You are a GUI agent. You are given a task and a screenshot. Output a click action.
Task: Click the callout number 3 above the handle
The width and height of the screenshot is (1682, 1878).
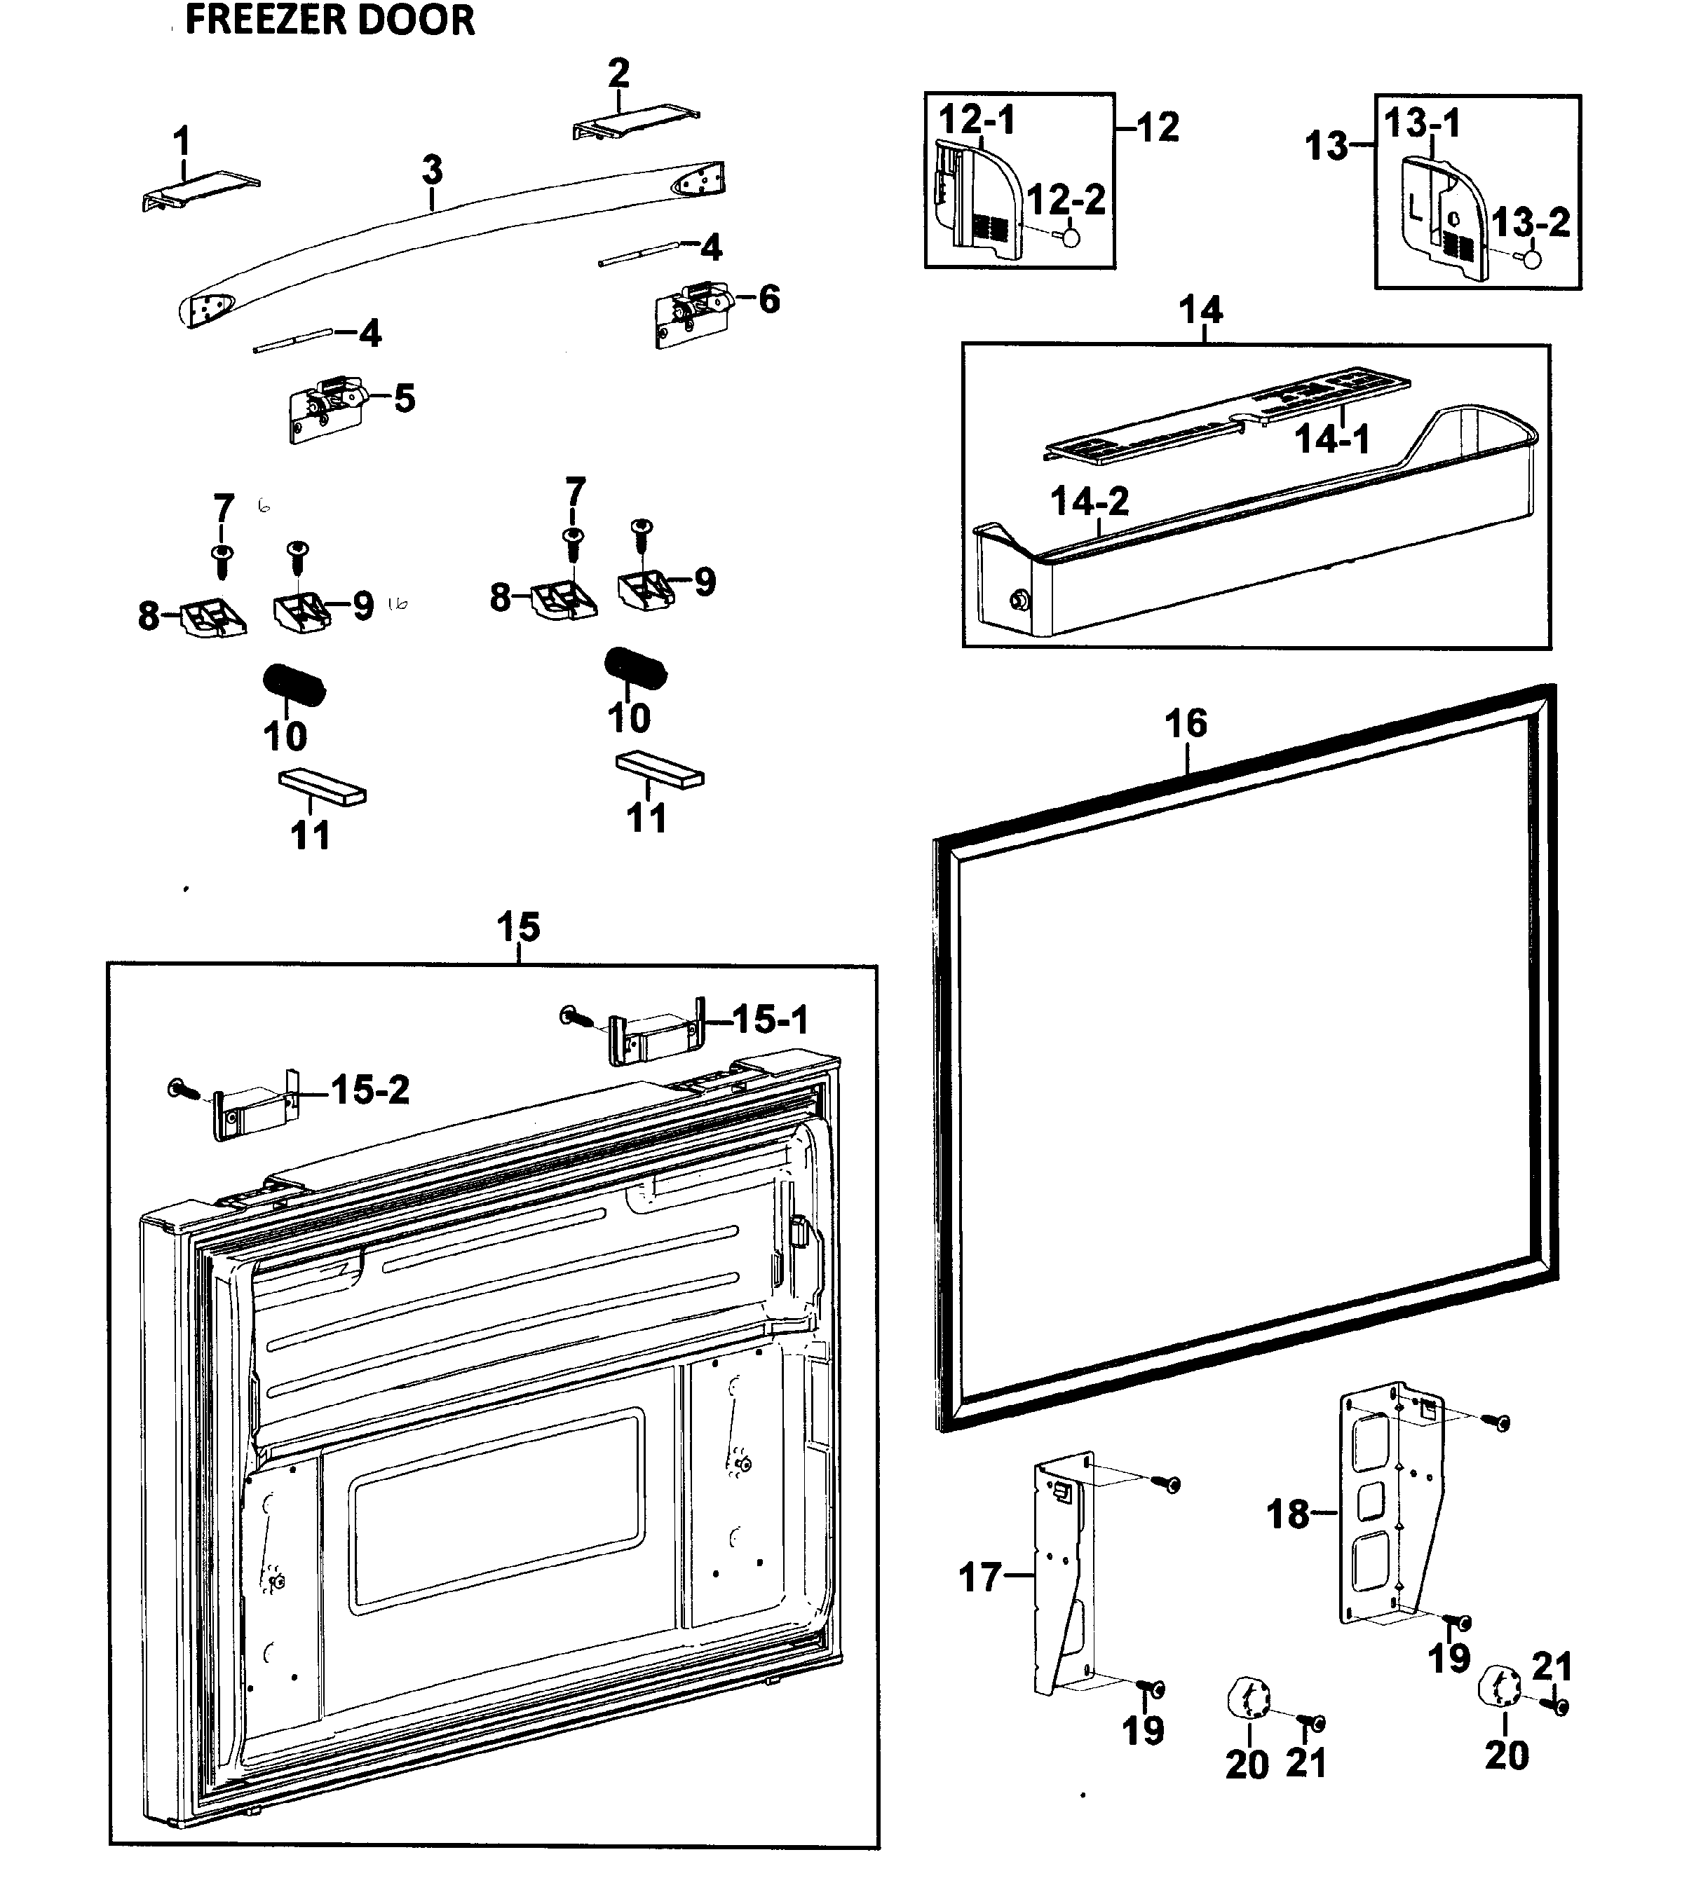432,170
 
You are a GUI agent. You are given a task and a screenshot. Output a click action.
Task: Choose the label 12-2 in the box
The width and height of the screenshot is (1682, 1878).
1066,200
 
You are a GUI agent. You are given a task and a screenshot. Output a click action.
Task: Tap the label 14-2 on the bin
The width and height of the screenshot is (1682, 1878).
1090,502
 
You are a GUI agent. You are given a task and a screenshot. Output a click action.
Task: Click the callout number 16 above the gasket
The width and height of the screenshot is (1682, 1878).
1185,723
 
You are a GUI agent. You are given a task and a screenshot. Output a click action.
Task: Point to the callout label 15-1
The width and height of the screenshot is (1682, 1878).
770,1020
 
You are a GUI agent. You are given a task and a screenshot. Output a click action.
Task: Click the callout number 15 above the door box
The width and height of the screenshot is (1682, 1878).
517,926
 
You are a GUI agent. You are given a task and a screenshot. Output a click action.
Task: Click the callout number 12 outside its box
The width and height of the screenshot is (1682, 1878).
1157,128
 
